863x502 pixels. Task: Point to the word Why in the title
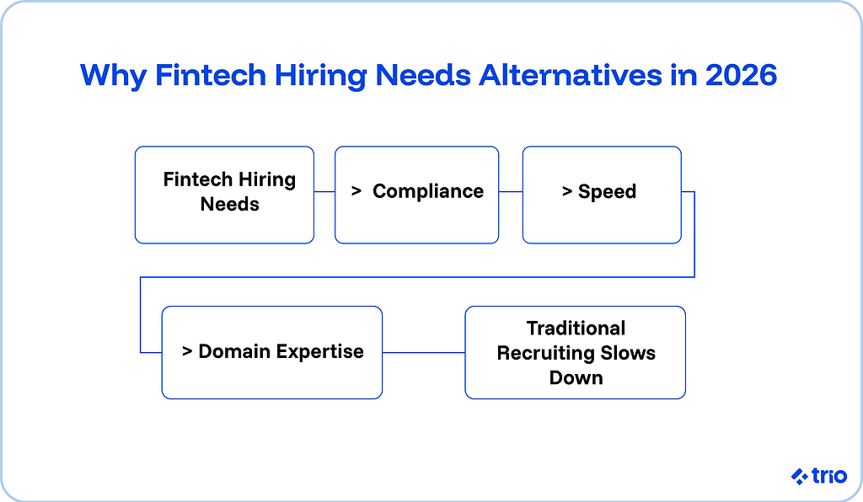(110, 76)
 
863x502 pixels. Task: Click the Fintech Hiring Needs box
(224, 195)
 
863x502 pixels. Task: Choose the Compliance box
(416, 195)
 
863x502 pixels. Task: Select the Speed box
(601, 195)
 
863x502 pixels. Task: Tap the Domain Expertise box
(271, 351)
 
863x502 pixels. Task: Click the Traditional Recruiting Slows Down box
(575, 352)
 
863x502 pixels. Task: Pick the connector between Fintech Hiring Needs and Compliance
(324, 192)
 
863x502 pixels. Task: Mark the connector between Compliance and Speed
(511, 192)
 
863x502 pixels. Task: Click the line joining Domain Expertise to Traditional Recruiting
(423, 352)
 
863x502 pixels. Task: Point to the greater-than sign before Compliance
(356, 192)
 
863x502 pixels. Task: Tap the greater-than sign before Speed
(567, 192)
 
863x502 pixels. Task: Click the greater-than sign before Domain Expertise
(187, 351)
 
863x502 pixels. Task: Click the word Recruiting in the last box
(546, 353)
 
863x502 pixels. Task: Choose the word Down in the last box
(576, 377)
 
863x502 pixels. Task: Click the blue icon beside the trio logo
(799, 477)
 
